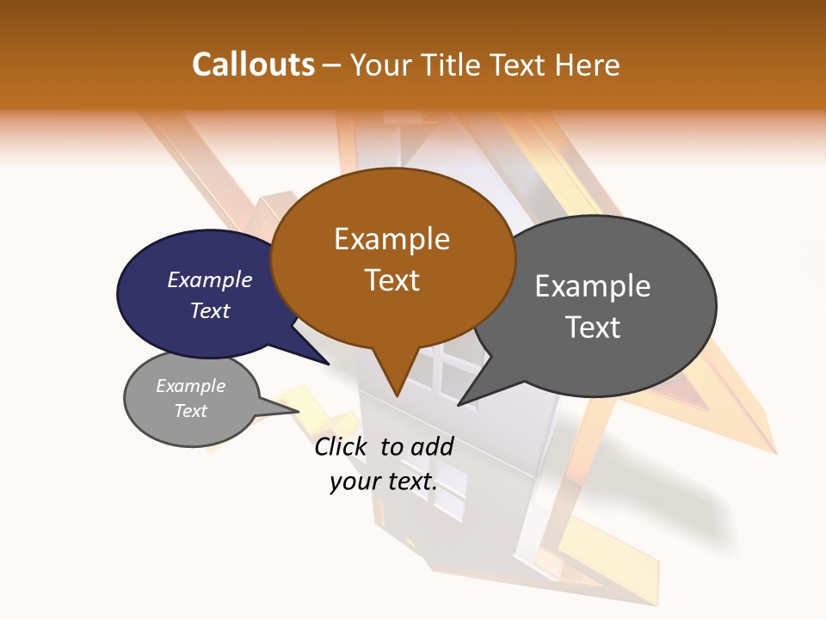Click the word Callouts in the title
coord(253,64)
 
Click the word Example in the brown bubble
coord(391,239)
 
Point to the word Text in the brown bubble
coord(392,280)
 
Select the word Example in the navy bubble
coord(210,279)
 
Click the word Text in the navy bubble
coord(210,310)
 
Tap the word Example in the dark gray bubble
coord(593,286)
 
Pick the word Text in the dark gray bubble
coord(593,327)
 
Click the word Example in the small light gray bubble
coord(190,386)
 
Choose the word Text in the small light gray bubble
coord(191,411)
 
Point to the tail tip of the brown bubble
coord(397,395)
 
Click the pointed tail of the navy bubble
coord(327,364)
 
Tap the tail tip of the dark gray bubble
coord(459,404)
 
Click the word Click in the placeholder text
coord(342,446)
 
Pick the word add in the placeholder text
coord(433,446)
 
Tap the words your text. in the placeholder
coord(384,481)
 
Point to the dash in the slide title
coord(332,65)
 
